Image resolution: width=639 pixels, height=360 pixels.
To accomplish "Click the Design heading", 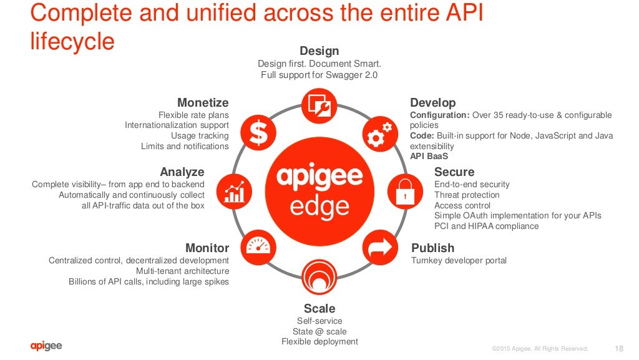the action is tap(319, 51).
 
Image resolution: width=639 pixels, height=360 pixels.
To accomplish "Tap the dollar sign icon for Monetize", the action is tap(257, 132).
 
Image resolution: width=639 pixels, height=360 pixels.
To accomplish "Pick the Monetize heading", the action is tap(203, 103).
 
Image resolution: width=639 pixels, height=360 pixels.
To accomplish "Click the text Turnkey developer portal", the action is tap(459, 260).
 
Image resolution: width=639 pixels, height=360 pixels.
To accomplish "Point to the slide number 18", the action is tap(619, 348).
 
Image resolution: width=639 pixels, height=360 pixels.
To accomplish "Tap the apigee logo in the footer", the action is tap(46, 346).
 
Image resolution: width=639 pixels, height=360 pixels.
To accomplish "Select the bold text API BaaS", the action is tap(429, 157).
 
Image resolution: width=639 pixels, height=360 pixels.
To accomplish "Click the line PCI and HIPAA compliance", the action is tap(486, 226).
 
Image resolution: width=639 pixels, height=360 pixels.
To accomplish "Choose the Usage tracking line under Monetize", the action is tap(200, 135).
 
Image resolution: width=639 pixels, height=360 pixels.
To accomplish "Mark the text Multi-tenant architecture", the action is tap(182, 271).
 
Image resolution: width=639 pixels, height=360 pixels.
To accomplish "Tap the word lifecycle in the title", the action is tap(72, 41).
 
